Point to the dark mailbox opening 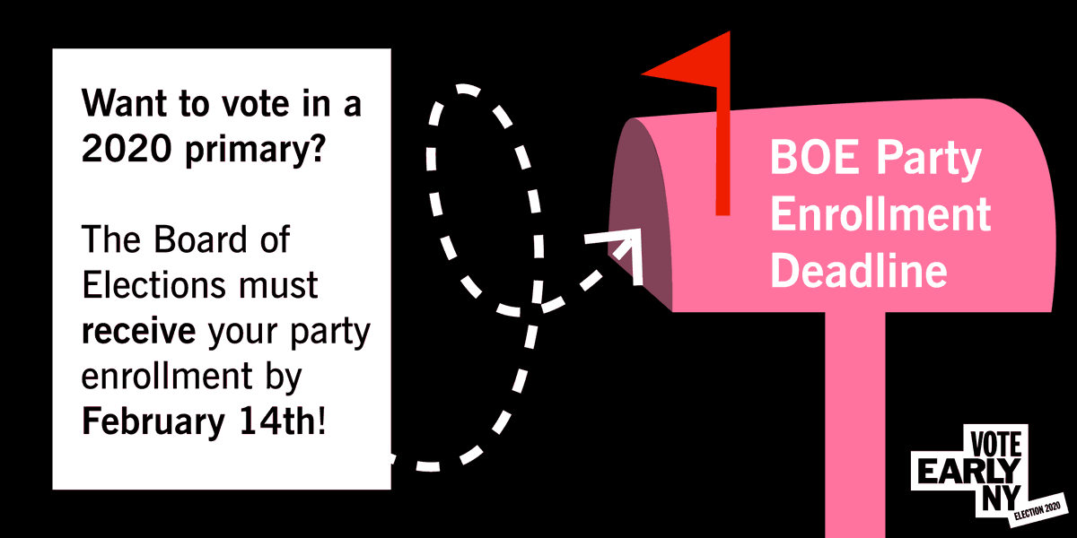click(x=639, y=215)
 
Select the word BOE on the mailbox click(x=803, y=162)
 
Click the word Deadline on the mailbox click(x=859, y=270)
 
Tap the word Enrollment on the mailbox click(x=880, y=216)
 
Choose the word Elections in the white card click(x=153, y=286)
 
